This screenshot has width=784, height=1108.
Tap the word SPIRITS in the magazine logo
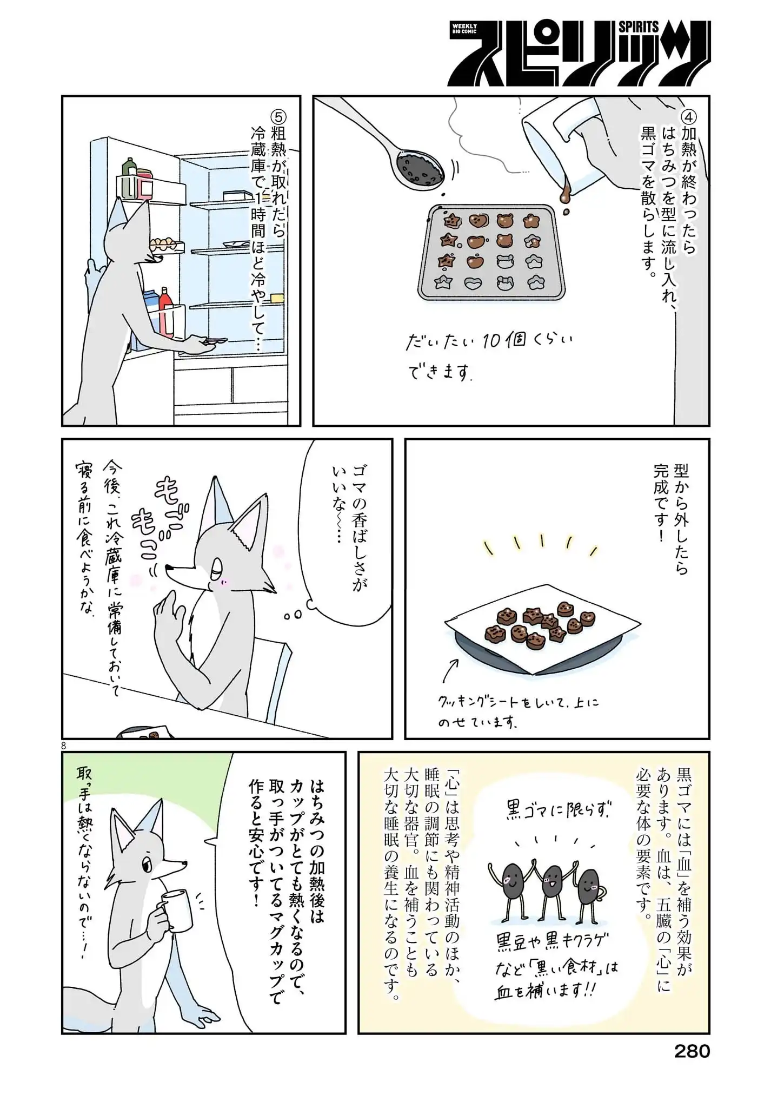click(639, 27)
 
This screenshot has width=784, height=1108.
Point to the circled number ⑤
click(278, 118)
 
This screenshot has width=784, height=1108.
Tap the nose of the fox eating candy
click(168, 568)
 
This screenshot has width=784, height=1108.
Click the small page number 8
click(64, 745)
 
